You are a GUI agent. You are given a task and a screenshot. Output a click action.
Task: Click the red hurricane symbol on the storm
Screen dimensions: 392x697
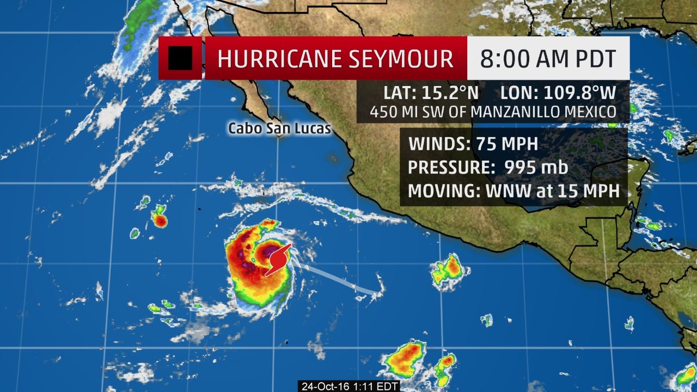tap(278, 259)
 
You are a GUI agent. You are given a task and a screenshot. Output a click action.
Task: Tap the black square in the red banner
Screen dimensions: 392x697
tap(180, 58)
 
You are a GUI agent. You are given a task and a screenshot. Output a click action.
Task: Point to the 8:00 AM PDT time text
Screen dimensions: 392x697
tap(547, 58)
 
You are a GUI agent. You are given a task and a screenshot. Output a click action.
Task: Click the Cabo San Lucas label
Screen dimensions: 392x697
tap(272, 128)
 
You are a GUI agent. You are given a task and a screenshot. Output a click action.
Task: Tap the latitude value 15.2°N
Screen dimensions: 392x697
tap(443, 92)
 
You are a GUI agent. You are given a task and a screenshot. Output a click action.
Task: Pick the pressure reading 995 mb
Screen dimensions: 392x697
tap(536, 168)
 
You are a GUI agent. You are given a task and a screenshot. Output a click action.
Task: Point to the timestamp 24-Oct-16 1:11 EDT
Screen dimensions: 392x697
tap(351, 386)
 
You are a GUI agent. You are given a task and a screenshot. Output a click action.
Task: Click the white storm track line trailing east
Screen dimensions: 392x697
tap(338, 279)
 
